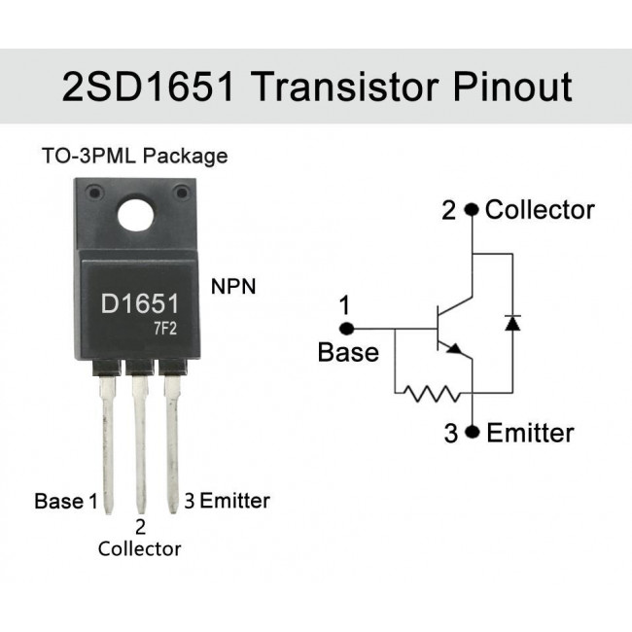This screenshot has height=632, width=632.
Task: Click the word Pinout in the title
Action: pos(512,87)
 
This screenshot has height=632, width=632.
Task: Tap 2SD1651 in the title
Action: pos(148,87)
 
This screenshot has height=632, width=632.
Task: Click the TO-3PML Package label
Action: pos(134,156)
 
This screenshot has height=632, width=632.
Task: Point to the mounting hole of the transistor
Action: pos(136,214)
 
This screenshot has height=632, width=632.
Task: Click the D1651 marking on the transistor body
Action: pos(139,304)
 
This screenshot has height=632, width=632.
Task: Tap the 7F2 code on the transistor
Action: pos(165,330)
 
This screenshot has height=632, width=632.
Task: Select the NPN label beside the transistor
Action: pos(233,287)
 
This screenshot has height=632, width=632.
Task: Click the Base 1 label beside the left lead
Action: pos(66,501)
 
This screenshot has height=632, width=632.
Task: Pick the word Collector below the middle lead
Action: pos(139,549)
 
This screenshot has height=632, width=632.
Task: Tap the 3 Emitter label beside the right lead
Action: pos(227,501)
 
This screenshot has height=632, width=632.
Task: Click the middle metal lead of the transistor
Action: pos(140,443)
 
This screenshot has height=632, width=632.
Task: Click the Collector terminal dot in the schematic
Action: pos(472,210)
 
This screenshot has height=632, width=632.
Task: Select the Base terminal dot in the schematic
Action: pos(346,329)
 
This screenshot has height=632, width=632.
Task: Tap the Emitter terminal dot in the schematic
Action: pos(472,432)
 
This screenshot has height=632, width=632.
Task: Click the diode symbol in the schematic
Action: pos(512,323)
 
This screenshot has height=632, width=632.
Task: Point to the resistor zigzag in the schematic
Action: pos(432,394)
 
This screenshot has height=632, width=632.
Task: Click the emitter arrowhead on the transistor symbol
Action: pos(455,349)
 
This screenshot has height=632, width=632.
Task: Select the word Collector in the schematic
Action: pos(540,210)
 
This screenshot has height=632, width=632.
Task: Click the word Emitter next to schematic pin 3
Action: pos(530,433)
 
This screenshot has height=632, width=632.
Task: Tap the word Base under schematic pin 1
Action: pos(348,352)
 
